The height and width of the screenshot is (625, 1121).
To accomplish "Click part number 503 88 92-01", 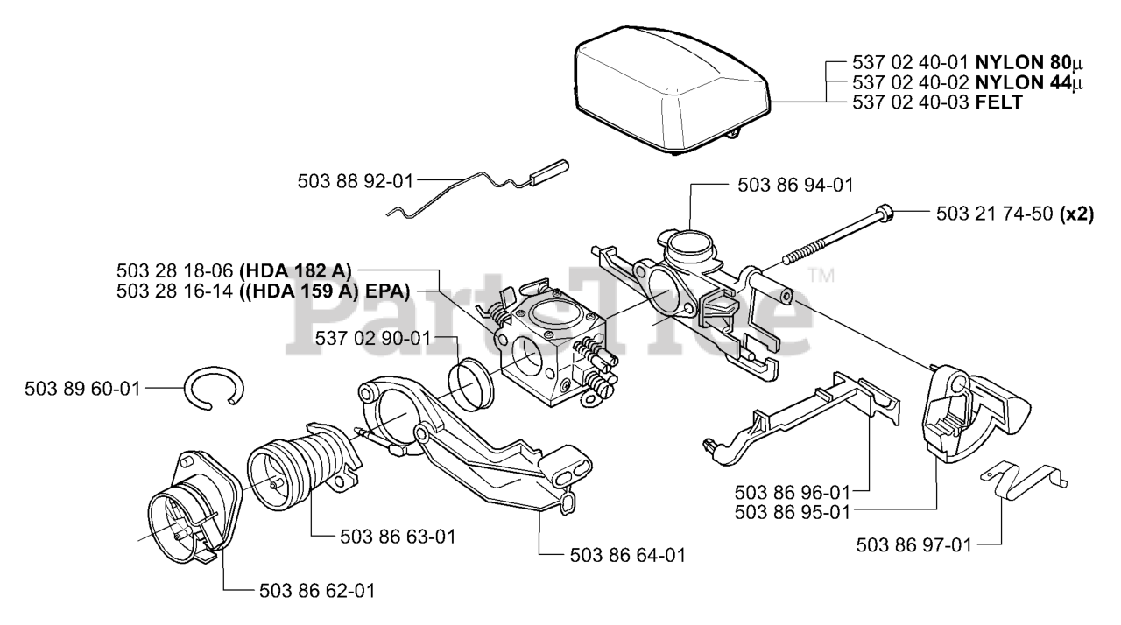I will (354, 183).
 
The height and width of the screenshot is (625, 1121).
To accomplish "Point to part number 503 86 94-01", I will (795, 185).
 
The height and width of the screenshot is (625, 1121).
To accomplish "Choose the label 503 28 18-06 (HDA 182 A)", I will (234, 270).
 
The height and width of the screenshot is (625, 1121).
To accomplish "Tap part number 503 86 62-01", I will (317, 591).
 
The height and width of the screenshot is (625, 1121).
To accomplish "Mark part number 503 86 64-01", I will (627, 555).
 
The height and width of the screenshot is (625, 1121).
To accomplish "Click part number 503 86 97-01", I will (913, 545).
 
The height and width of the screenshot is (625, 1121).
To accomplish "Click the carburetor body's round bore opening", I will (531, 353).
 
